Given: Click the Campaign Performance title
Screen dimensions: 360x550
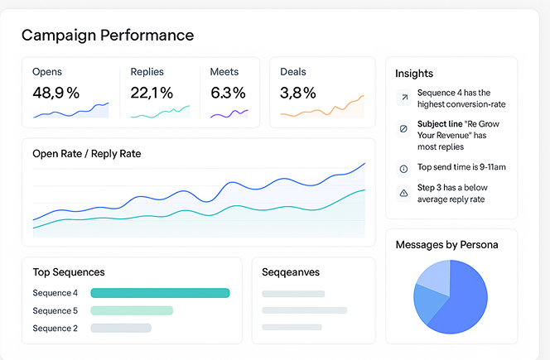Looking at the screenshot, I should [x=108, y=35].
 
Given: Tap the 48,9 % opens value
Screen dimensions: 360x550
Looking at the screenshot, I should [x=55, y=93].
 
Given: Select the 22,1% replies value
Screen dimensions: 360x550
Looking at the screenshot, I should [x=152, y=93].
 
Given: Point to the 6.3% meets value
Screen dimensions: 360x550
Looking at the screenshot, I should [x=228, y=93].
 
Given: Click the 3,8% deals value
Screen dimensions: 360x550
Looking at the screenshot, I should [x=297, y=93].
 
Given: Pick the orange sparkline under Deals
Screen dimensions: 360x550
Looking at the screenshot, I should [x=323, y=108].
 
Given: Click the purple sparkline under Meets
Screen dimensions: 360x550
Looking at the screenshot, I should [x=229, y=113].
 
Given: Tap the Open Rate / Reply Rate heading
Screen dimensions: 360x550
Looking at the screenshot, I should [x=87, y=153].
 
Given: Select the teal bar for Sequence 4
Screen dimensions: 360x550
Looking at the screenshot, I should [x=160, y=293].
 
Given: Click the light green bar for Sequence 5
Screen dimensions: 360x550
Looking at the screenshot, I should [x=132, y=310].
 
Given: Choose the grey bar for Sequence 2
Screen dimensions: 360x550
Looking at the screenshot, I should [x=121, y=328].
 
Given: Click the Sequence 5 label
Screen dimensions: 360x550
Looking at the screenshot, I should [x=55, y=310].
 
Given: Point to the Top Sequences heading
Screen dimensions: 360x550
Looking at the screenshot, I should [x=69, y=272].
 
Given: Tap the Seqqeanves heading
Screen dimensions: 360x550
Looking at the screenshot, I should [x=291, y=272].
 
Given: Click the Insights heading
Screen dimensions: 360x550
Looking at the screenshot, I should [x=414, y=74].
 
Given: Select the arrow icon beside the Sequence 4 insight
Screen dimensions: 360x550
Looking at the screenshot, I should [x=403, y=98].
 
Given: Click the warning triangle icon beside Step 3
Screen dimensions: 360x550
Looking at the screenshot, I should [x=403, y=193].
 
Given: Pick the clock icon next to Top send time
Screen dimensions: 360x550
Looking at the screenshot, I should [x=403, y=168].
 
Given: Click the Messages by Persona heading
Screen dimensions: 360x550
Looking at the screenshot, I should [x=446, y=245].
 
